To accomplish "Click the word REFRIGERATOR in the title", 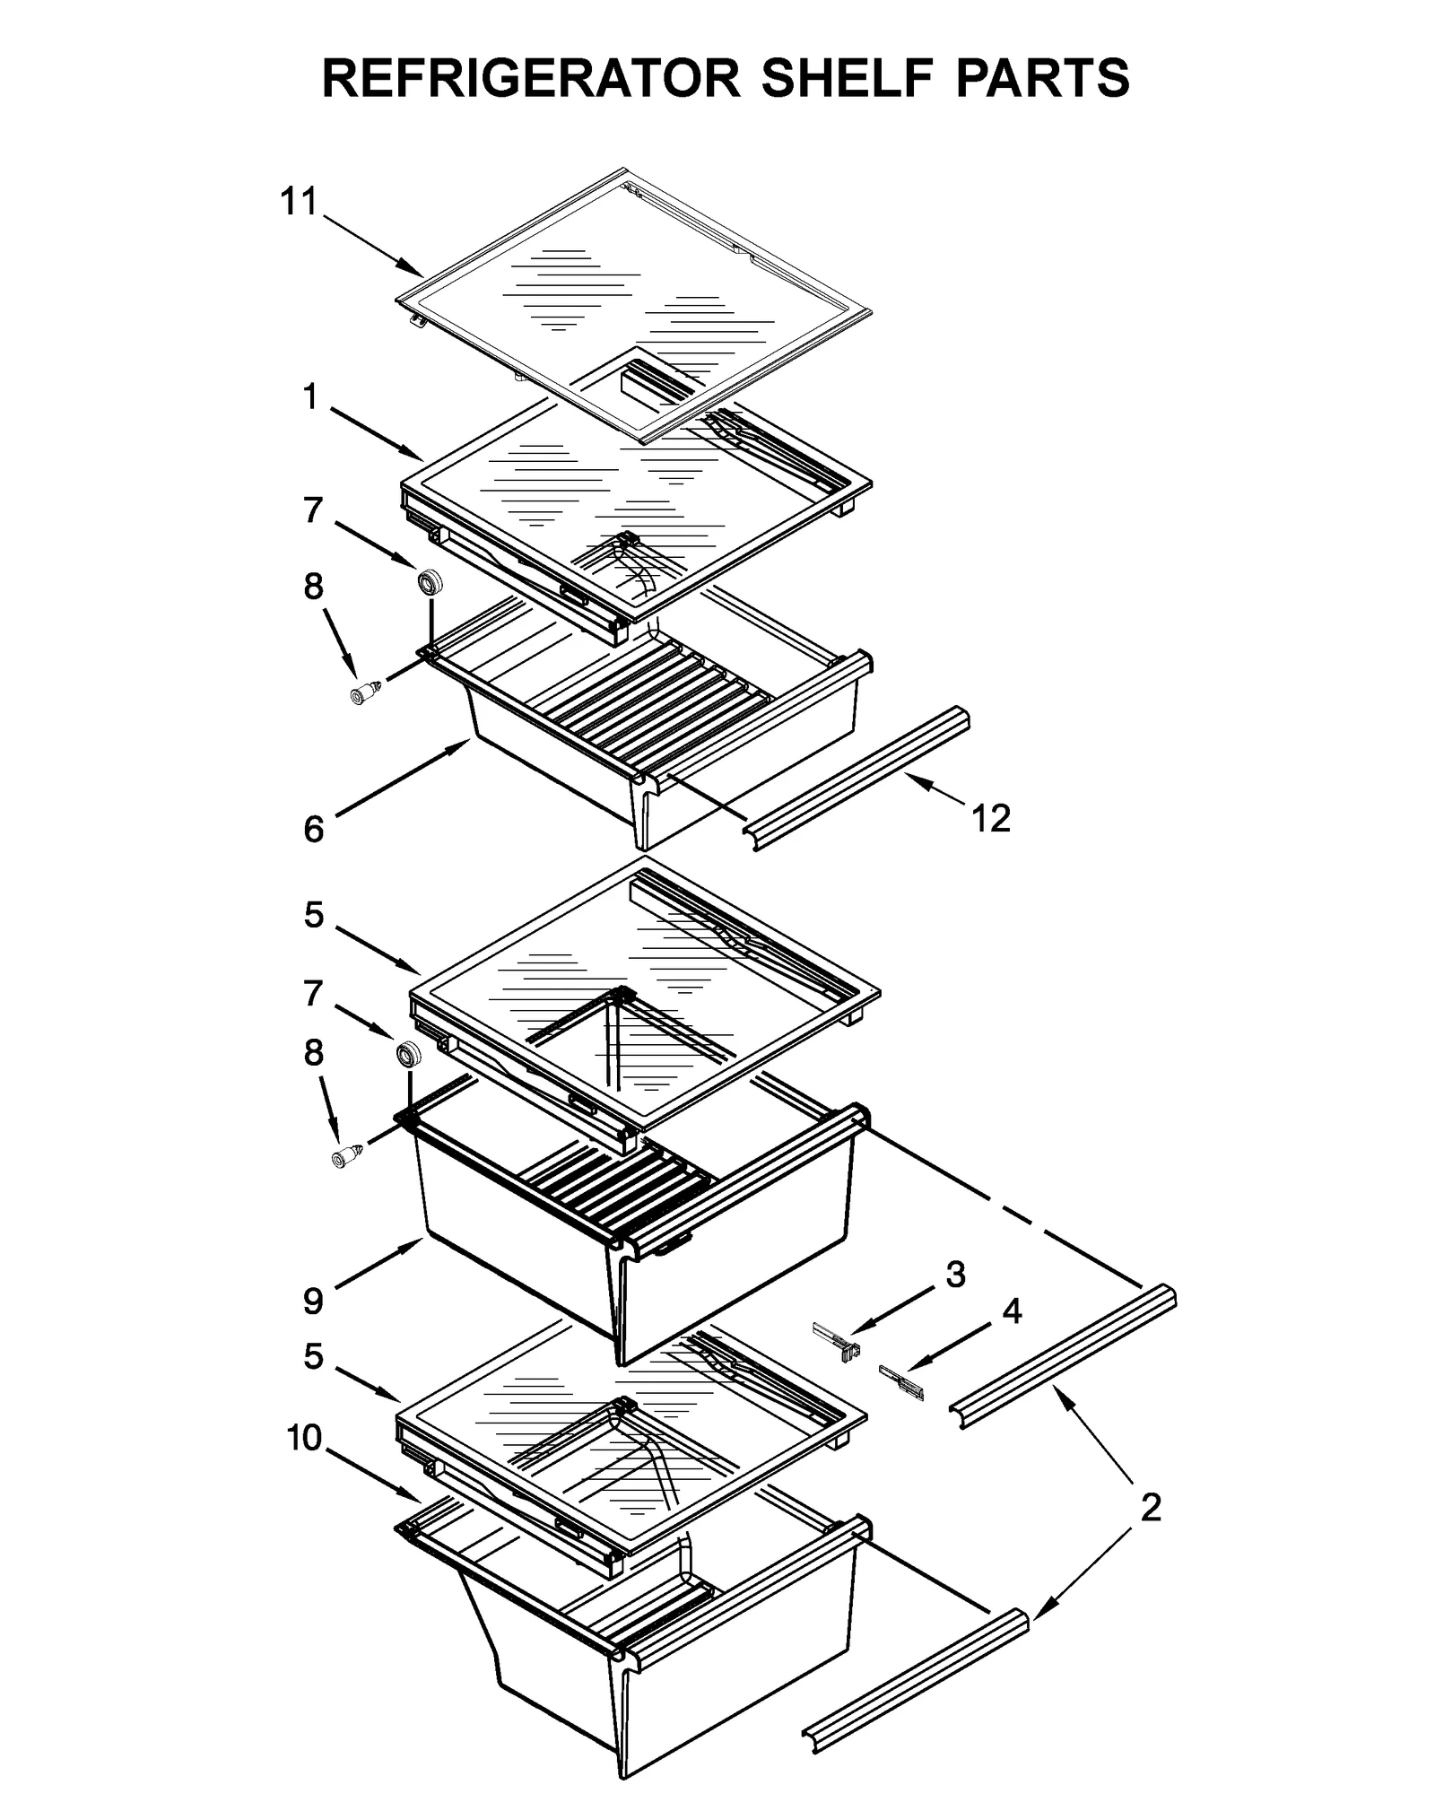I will click(531, 78).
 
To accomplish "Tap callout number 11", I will click(299, 202).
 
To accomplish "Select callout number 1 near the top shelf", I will click(309, 396).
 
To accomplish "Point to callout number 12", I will click(990, 818).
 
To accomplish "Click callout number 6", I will click(313, 829).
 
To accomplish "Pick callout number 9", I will click(313, 1300).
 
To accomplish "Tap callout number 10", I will click(304, 1437).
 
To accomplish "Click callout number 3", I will click(955, 1274).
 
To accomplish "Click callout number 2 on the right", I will click(1150, 1507).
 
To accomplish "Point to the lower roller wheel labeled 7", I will click(408, 1053).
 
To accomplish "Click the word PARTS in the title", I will click(1041, 78).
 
